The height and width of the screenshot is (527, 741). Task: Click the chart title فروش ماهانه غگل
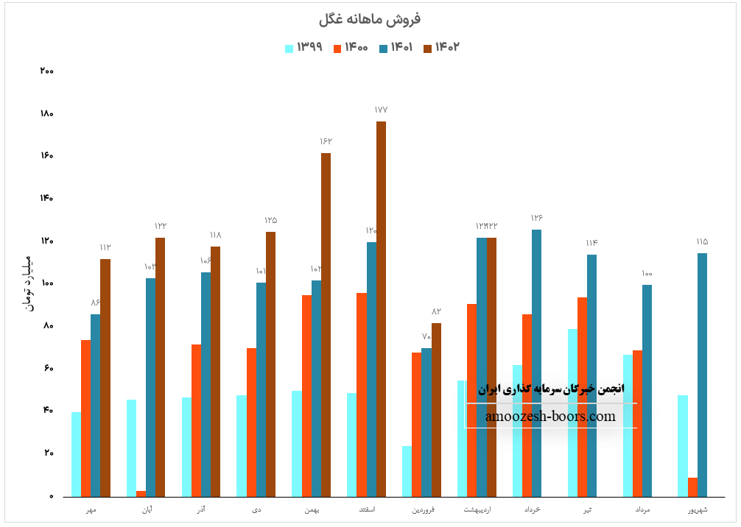click(x=370, y=19)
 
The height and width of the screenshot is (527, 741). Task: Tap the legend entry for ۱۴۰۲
click(x=441, y=48)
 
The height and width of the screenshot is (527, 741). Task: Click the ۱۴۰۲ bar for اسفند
click(x=381, y=309)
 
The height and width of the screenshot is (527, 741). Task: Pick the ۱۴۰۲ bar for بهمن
click(x=326, y=325)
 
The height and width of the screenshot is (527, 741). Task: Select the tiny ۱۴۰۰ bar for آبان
click(x=141, y=493)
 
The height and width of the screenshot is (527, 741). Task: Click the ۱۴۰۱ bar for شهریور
click(x=702, y=375)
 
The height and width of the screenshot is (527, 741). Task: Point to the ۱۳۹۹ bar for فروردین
click(x=407, y=471)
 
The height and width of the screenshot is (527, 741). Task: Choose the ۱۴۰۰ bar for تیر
click(x=582, y=397)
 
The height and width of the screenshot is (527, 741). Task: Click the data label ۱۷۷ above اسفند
click(x=381, y=110)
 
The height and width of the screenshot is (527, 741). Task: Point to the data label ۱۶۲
click(x=326, y=141)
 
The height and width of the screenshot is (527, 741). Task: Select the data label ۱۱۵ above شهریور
click(x=702, y=241)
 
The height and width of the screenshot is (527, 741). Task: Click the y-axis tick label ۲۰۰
click(x=46, y=71)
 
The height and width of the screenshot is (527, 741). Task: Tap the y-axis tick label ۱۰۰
click(x=46, y=283)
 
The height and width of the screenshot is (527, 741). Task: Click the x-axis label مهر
click(x=91, y=509)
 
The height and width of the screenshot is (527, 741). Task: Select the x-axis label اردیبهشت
click(x=477, y=509)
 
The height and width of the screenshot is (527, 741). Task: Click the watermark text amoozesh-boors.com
click(x=550, y=417)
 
